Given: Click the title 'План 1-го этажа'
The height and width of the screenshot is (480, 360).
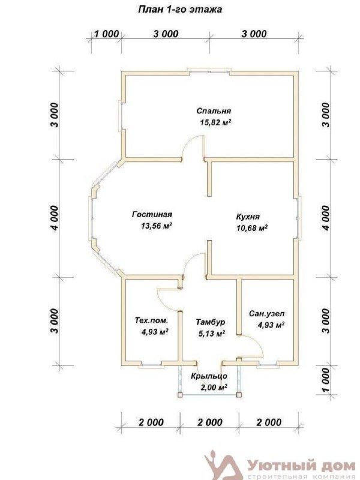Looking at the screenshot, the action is [180, 10].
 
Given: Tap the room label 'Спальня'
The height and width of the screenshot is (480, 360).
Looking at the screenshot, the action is [214, 110].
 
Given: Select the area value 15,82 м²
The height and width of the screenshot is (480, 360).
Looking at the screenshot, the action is [215, 122].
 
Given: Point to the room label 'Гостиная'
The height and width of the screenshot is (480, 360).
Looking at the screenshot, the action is [152, 214].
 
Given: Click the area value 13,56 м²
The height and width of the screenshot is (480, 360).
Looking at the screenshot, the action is [156, 226].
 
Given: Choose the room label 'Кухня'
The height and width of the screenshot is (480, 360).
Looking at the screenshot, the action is [248, 217].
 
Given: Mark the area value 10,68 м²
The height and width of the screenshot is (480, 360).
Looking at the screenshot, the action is [252, 228].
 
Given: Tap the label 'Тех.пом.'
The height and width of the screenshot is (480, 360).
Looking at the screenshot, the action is [152, 320].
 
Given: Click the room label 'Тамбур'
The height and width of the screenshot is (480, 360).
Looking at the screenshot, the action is [211, 322].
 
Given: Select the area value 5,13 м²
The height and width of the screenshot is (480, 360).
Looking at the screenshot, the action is [212, 334].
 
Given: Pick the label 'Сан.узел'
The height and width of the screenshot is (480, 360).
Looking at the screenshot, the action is [266, 314].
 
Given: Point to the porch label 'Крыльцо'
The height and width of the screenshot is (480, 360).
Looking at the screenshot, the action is [209, 376].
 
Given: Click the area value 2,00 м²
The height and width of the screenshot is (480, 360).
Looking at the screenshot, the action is [214, 388].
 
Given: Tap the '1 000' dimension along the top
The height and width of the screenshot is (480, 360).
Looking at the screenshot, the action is [106, 34].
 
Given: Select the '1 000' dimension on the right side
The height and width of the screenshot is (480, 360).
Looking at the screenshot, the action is [326, 380].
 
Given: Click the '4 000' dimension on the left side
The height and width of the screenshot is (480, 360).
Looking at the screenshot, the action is [54, 218].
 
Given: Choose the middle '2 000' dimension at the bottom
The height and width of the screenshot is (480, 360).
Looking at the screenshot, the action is [210, 422].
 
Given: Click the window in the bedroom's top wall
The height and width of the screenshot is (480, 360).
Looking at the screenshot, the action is [209, 71].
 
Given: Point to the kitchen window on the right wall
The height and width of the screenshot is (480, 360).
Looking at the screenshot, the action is [298, 217].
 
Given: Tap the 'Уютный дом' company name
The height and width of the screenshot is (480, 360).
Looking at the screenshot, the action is [301, 466].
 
